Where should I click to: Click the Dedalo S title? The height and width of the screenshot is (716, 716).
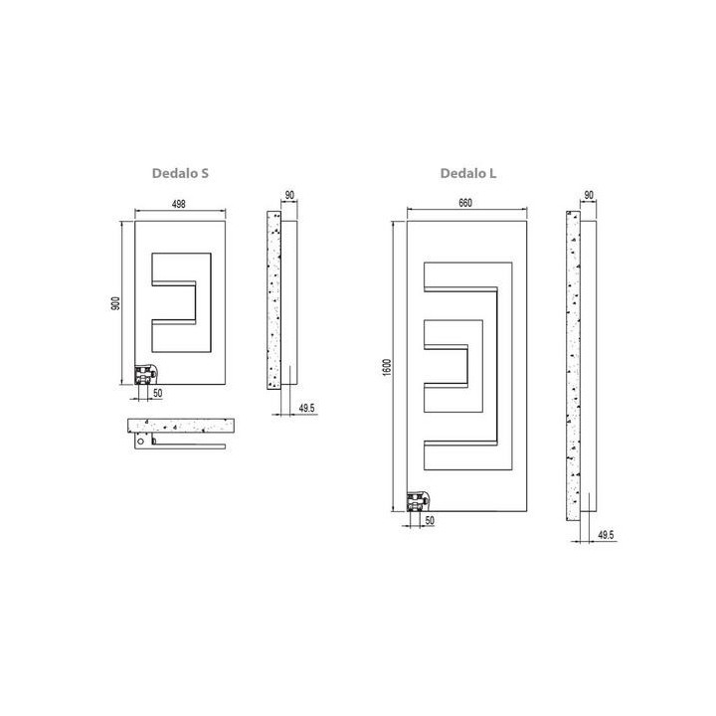[180, 173]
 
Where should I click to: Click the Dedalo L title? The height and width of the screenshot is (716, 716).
[468, 173]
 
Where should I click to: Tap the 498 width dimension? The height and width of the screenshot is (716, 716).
[179, 204]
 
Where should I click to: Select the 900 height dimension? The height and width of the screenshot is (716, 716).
[115, 303]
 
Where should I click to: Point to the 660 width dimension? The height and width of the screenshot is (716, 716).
[465, 203]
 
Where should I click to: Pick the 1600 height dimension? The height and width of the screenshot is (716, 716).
[387, 367]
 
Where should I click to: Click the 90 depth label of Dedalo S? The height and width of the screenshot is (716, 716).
[289, 196]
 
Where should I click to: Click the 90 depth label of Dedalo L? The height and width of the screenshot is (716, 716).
[589, 196]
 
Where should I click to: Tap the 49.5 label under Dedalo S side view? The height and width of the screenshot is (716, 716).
[307, 408]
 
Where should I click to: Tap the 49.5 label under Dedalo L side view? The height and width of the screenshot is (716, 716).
[606, 535]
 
